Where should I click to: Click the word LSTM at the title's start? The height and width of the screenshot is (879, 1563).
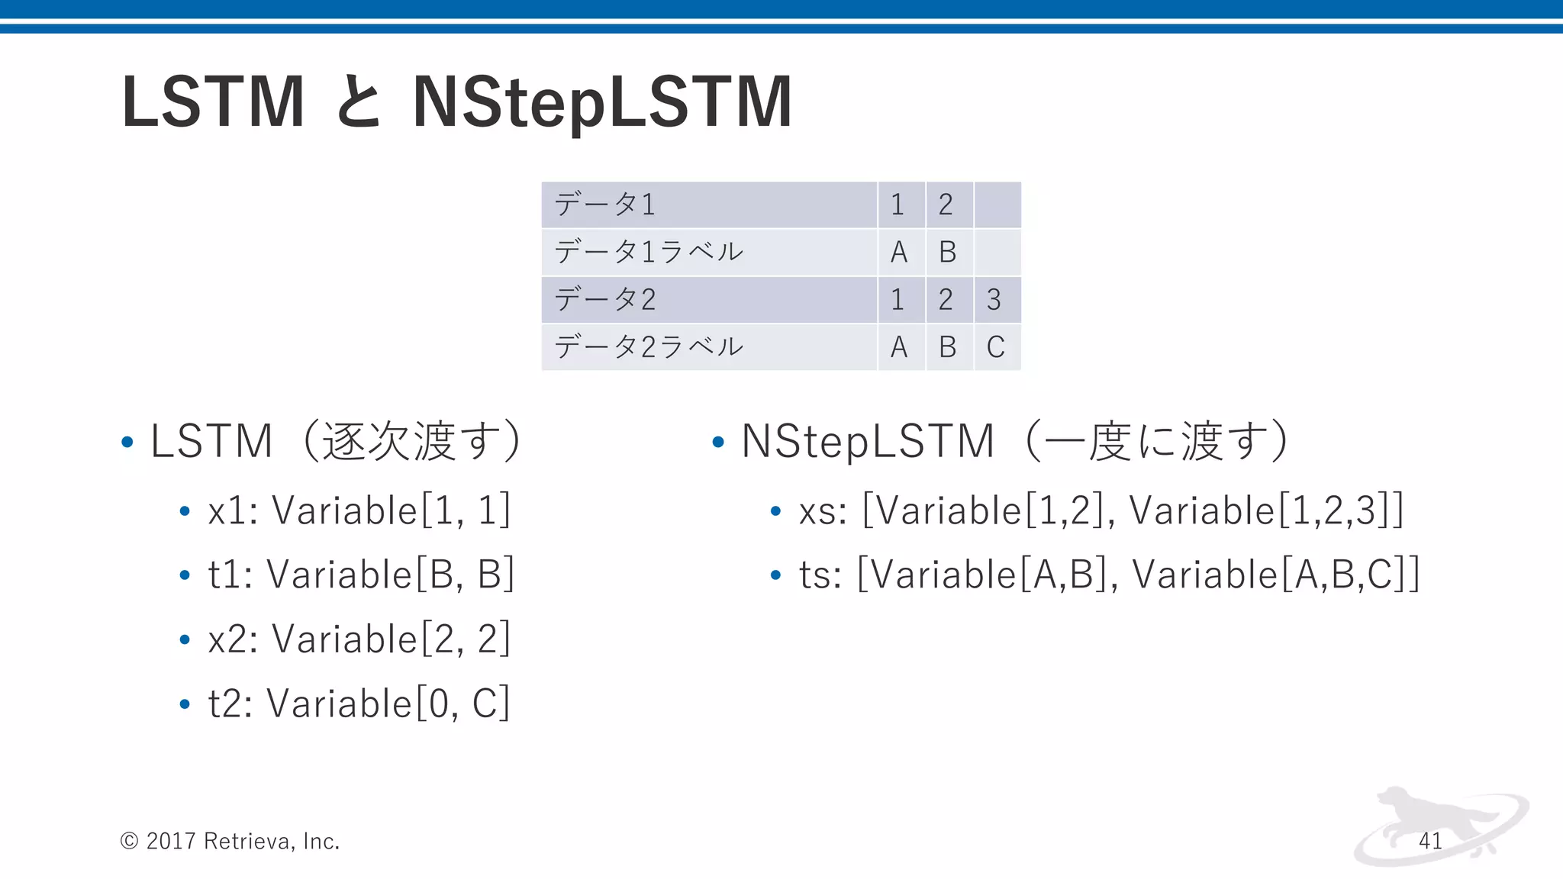(213, 103)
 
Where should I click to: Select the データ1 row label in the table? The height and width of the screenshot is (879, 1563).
(604, 204)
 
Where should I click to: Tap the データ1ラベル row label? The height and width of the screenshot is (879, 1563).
(648, 252)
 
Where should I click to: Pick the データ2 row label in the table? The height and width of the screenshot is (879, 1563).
(604, 300)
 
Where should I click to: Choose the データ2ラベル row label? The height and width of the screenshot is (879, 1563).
(648, 347)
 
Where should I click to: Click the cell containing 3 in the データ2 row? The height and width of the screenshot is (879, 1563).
(994, 300)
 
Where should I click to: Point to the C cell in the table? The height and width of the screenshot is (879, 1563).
(995, 347)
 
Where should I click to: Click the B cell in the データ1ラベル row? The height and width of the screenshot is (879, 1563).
(947, 252)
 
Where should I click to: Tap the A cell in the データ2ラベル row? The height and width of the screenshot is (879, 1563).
(899, 347)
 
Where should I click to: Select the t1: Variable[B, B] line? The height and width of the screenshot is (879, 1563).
(361, 575)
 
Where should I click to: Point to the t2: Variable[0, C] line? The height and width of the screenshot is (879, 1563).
(358, 704)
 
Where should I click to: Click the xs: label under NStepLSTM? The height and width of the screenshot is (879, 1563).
(823, 511)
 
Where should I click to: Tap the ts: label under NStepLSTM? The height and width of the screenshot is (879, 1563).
(820, 575)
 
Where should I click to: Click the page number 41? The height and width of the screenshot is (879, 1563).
(1430, 841)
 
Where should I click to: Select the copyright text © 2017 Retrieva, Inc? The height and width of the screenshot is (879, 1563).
(230, 841)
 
